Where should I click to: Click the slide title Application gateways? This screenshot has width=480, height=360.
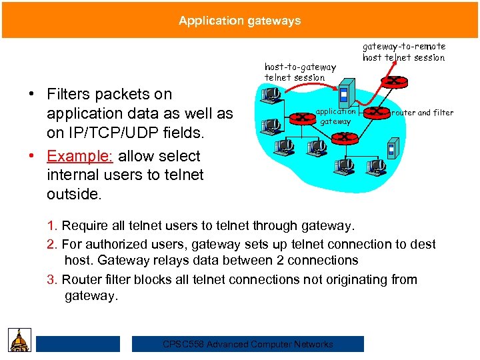[239, 21]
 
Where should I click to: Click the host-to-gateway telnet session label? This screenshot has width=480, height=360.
[300, 72]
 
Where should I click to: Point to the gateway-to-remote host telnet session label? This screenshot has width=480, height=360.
[403, 52]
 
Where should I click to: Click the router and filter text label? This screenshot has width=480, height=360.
[422, 113]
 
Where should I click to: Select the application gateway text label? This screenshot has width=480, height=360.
[335, 117]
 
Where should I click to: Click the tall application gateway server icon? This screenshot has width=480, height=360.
[344, 93]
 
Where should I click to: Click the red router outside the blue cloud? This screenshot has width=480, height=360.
[397, 81]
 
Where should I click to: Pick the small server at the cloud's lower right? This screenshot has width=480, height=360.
[393, 149]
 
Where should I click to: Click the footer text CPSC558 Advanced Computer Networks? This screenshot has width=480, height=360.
[248, 344]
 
